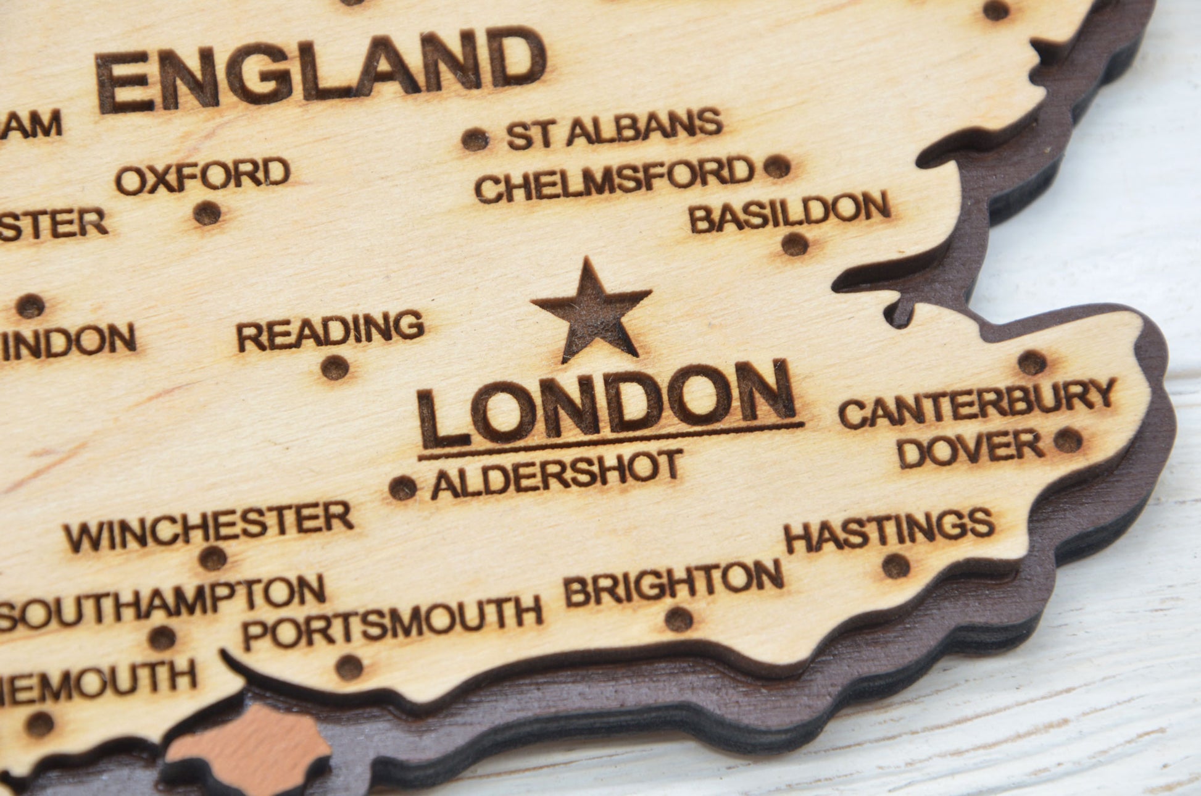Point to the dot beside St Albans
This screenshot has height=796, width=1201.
click(x=475, y=140)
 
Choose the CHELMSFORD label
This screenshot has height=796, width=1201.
click(x=615, y=179)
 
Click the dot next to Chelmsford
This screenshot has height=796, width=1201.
click(x=777, y=166)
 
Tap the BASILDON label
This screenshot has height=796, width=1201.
click(x=789, y=212)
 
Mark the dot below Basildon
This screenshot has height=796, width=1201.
click(x=795, y=245)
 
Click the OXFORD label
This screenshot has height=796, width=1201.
click(x=203, y=175)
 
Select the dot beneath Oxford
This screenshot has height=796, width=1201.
click(x=207, y=214)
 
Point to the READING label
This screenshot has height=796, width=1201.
click(x=331, y=332)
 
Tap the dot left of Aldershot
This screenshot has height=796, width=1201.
click(x=402, y=488)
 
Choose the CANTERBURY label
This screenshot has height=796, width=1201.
click(x=977, y=403)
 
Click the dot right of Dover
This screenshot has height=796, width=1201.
click(x=1068, y=440)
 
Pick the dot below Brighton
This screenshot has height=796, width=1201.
click(x=679, y=619)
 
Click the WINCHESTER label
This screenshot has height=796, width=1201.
click(x=209, y=526)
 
